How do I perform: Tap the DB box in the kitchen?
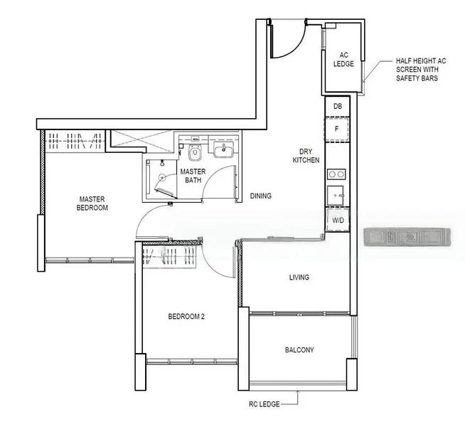pyautogui.click(x=338, y=106)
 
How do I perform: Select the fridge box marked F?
pyautogui.click(x=338, y=129)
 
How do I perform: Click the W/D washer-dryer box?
pyautogui.click(x=338, y=221)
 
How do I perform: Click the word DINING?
pyautogui.click(x=260, y=196)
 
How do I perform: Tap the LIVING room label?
pyautogui.click(x=299, y=277)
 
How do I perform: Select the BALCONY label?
pyautogui.click(x=299, y=349)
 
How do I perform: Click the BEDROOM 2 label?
pyautogui.click(x=186, y=316)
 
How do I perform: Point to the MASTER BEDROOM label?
pyautogui.click(x=93, y=204)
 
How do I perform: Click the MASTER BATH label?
pyautogui.click(x=193, y=176)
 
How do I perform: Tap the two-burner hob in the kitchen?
pyautogui.click(x=336, y=174)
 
